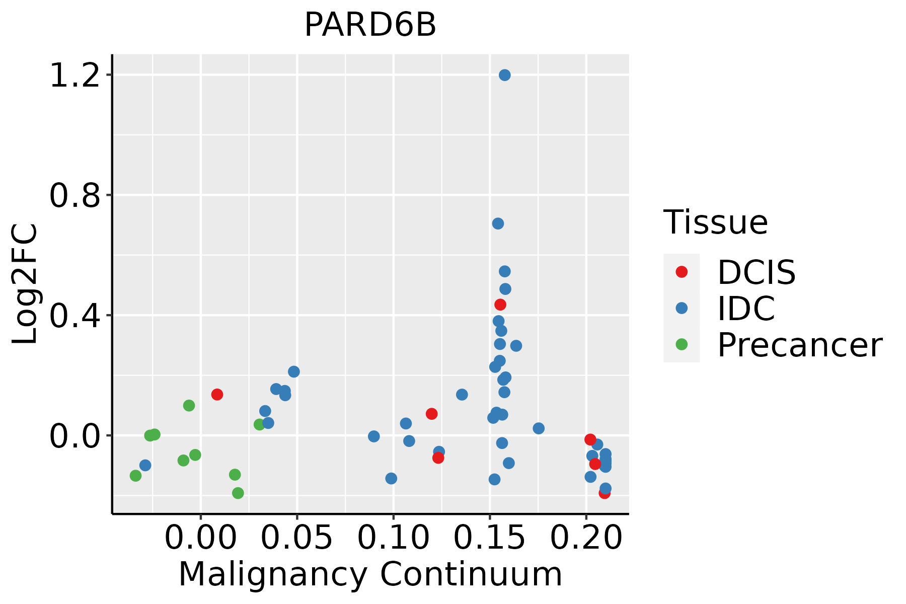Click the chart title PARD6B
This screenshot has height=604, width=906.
(x=370, y=25)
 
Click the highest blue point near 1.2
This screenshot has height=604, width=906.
(x=504, y=75)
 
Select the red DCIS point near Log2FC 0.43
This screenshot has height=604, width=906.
(x=500, y=305)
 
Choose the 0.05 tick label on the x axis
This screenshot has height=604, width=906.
(x=297, y=538)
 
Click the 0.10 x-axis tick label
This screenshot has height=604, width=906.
(x=393, y=538)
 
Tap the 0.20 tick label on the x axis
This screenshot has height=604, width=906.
(x=586, y=538)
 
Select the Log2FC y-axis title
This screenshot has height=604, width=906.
(x=25, y=284)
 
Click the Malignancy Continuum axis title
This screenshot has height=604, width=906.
(x=370, y=575)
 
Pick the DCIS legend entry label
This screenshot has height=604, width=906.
(x=756, y=272)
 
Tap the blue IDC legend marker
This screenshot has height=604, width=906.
(x=682, y=308)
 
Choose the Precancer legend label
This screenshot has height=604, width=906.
(x=799, y=345)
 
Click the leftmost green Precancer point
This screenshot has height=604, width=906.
(x=135, y=475)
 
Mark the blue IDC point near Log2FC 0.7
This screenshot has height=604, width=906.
(x=498, y=223)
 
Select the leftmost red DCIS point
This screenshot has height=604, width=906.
(x=217, y=394)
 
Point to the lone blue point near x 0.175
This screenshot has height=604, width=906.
(x=538, y=428)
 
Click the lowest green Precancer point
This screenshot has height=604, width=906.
(x=238, y=493)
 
